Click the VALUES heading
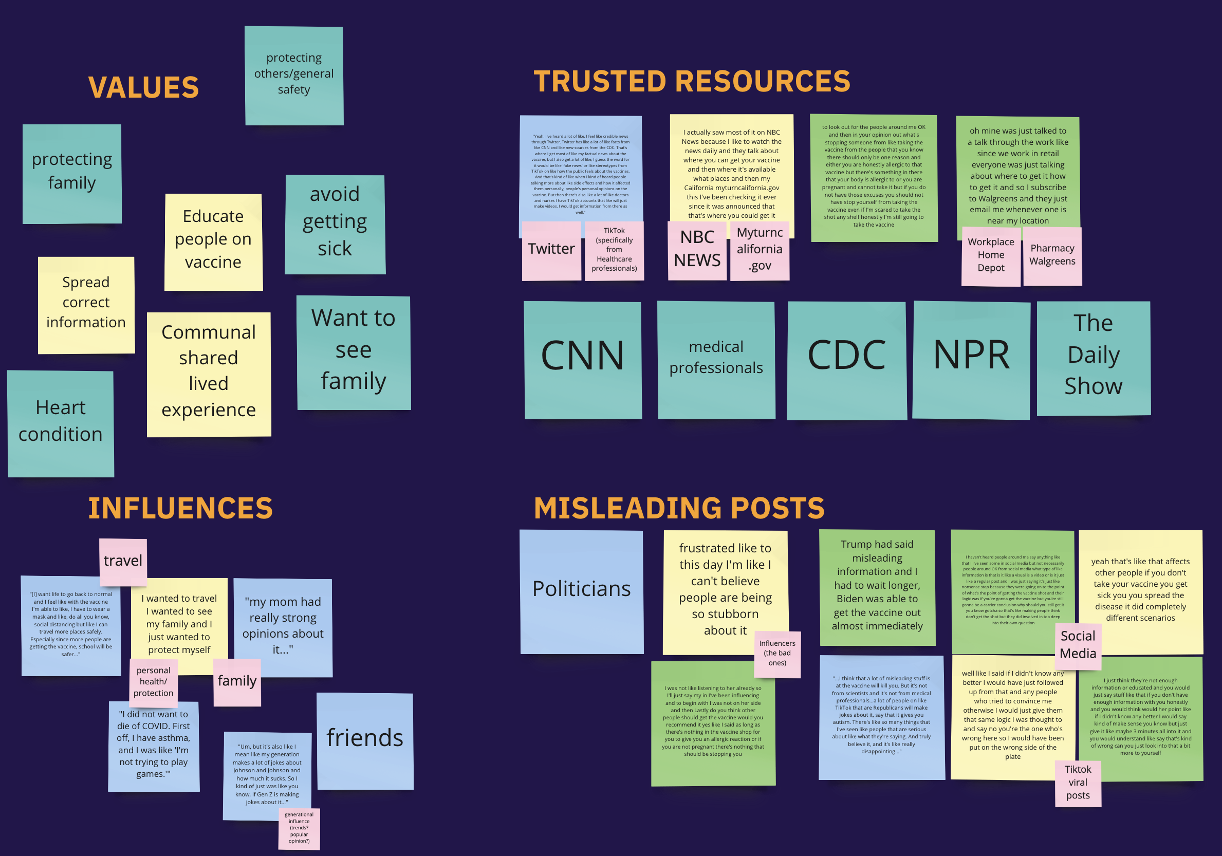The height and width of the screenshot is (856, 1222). [143, 87]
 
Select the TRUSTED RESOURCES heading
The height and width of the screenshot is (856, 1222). [691, 81]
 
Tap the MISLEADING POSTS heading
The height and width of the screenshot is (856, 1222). [679, 508]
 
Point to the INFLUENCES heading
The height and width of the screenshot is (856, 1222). [180, 508]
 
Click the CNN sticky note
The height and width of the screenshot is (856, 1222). [582, 360]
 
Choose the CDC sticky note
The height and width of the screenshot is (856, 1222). [846, 360]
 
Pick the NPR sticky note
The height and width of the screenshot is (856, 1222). [971, 360]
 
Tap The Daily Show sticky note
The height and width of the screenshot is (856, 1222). [1093, 358]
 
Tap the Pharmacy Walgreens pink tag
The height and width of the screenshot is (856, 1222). [1052, 255]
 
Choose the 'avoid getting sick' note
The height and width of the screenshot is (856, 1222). [335, 224]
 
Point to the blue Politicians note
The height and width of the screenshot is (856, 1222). [581, 591]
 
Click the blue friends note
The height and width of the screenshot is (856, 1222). [365, 740]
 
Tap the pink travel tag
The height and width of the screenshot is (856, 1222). [123, 561]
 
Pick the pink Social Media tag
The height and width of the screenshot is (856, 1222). [1078, 645]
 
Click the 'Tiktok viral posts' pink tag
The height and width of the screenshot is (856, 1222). [1078, 783]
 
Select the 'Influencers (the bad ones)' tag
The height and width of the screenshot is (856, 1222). [777, 654]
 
